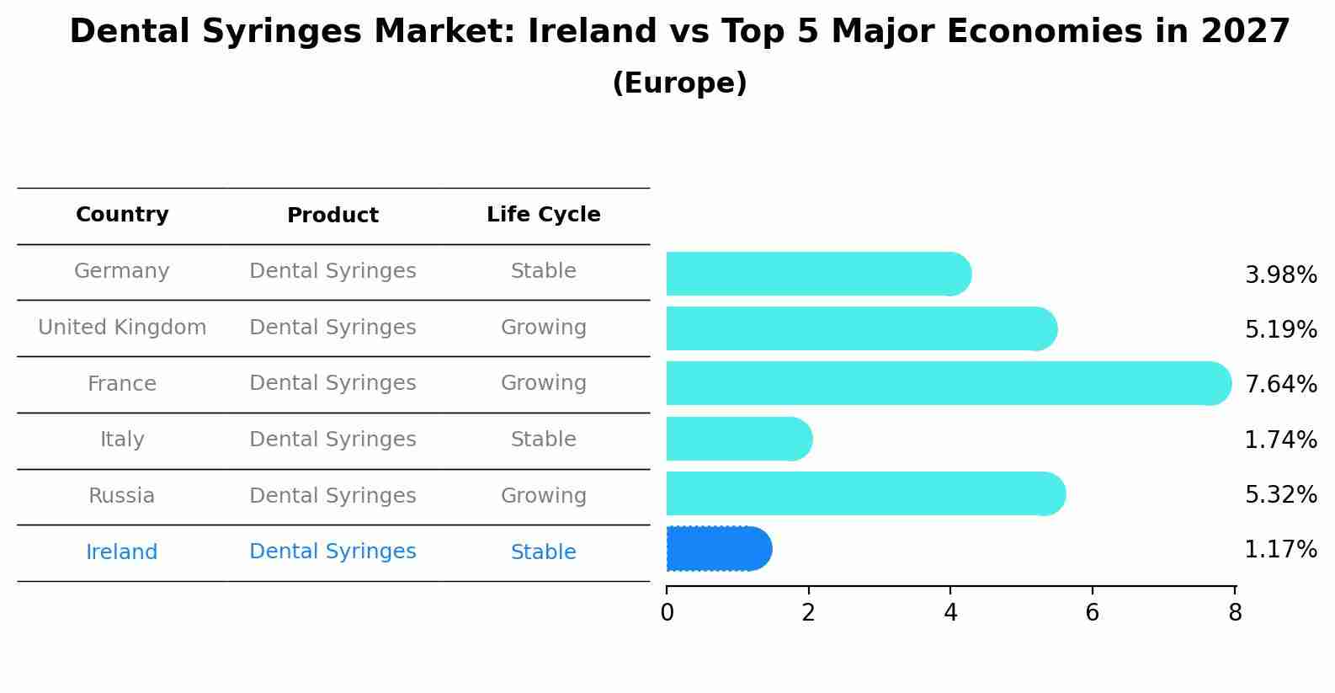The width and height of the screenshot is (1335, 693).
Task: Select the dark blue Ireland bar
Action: [x=717, y=549]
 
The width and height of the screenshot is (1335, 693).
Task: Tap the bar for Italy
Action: [x=738, y=439]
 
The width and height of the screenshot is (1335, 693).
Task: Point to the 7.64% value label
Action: [x=1280, y=385]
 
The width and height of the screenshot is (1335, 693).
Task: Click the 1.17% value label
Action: [x=1280, y=550]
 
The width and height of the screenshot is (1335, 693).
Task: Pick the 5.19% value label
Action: [x=1280, y=330]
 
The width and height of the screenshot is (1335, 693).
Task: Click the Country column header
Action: [x=122, y=215]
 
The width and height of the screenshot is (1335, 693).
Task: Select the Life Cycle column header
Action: [x=543, y=215]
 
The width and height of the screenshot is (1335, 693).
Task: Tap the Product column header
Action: [x=332, y=216]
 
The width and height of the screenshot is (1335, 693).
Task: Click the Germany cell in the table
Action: [x=122, y=271]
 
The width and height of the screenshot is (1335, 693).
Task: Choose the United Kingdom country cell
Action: [x=122, y=328]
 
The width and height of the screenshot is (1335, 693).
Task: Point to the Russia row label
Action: [x=122, y=496]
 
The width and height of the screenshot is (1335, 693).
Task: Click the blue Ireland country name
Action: [x=122, y=552]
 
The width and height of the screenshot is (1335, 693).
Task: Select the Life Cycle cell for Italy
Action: [x=543, y=440]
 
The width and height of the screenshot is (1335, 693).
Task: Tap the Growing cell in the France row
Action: [x=543, y=383]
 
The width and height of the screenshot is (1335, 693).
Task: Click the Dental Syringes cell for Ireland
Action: [x=332, y=552]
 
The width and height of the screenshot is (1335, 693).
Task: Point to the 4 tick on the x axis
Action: [x=950, y=613]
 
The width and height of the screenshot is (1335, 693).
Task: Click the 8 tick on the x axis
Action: [x=1235, y=613]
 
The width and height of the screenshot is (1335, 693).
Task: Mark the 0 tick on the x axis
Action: [x=667, y=613]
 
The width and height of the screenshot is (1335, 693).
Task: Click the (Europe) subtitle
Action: [x=679, y=83]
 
